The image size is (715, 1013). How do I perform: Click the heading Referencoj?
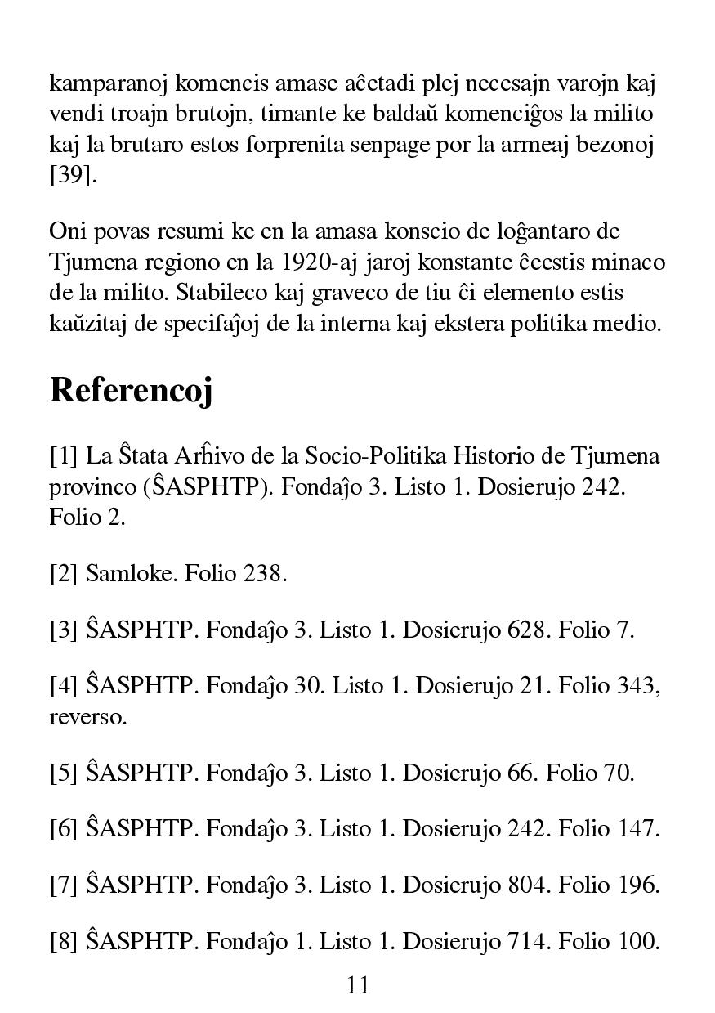(x=131, y=391)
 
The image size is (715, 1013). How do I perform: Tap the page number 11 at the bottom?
(x=358, y=984)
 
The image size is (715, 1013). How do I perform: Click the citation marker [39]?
(x=72, y=176)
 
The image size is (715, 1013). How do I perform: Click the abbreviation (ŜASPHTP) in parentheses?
(x=212, y=486)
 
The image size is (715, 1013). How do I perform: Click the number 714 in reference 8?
(x=526, y=941)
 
